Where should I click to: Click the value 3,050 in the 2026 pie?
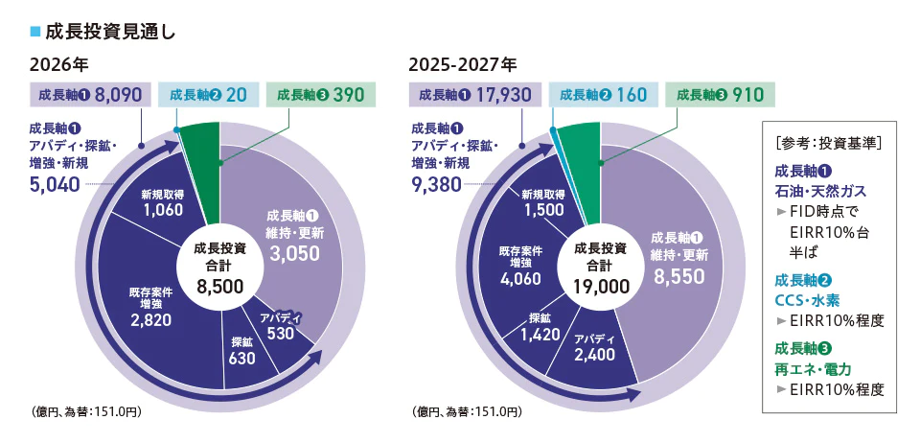(294, 253)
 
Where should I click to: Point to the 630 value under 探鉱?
(242, 358)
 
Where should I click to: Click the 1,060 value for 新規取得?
(162, 209)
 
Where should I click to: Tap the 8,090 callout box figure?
(119, 95)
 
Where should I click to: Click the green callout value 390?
(346, 95)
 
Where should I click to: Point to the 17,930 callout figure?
(503, 95)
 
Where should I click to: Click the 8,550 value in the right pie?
(680, 276)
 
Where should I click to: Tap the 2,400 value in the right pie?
(594, 355)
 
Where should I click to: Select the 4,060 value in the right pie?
(520, 278)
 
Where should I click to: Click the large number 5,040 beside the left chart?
(54, 184)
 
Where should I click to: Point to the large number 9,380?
(438, 184)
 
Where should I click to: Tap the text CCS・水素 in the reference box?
(807, 301)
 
